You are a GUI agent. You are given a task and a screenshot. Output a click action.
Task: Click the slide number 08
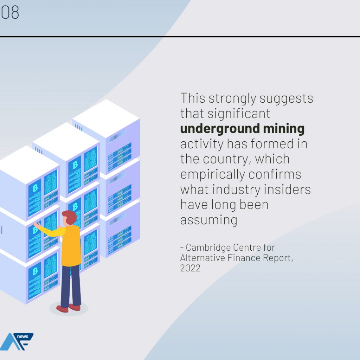click(9, 12)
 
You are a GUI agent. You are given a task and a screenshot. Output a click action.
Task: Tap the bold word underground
click(220, 129)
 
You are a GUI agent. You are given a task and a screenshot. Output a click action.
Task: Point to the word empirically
click(213, 175)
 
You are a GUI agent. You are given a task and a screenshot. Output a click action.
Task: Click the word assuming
click(209, 220)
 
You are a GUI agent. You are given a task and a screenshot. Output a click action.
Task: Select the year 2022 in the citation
click(190, 268)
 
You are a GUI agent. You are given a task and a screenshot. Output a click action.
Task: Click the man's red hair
click(70, 217)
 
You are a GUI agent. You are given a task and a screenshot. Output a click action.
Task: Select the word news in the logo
click(22, 336)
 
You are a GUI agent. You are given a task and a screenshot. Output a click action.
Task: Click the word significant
click(239, 114)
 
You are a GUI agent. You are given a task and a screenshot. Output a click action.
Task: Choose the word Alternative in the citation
click(202, 258)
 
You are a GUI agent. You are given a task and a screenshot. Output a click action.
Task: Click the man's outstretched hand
click(36, 225)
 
